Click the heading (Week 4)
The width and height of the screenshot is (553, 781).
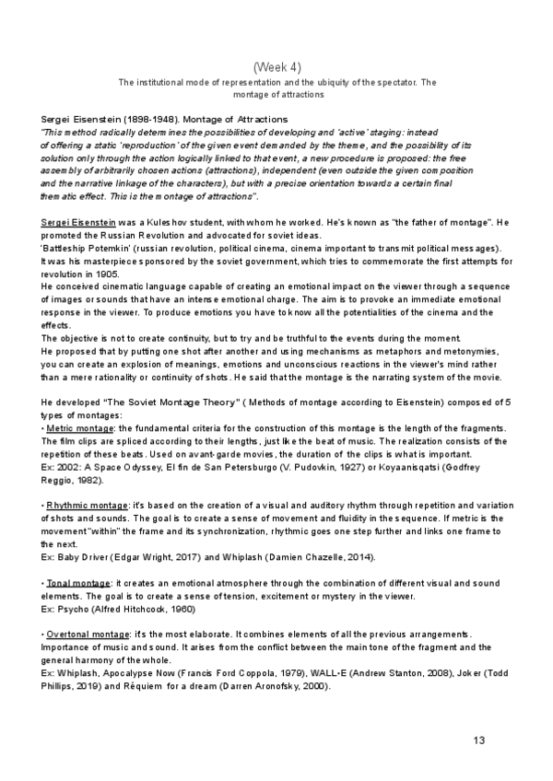click(x=276, y=67)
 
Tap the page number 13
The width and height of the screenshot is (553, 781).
click(x=478, y=741)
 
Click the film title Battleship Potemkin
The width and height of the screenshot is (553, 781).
click(x=84, y=249)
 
